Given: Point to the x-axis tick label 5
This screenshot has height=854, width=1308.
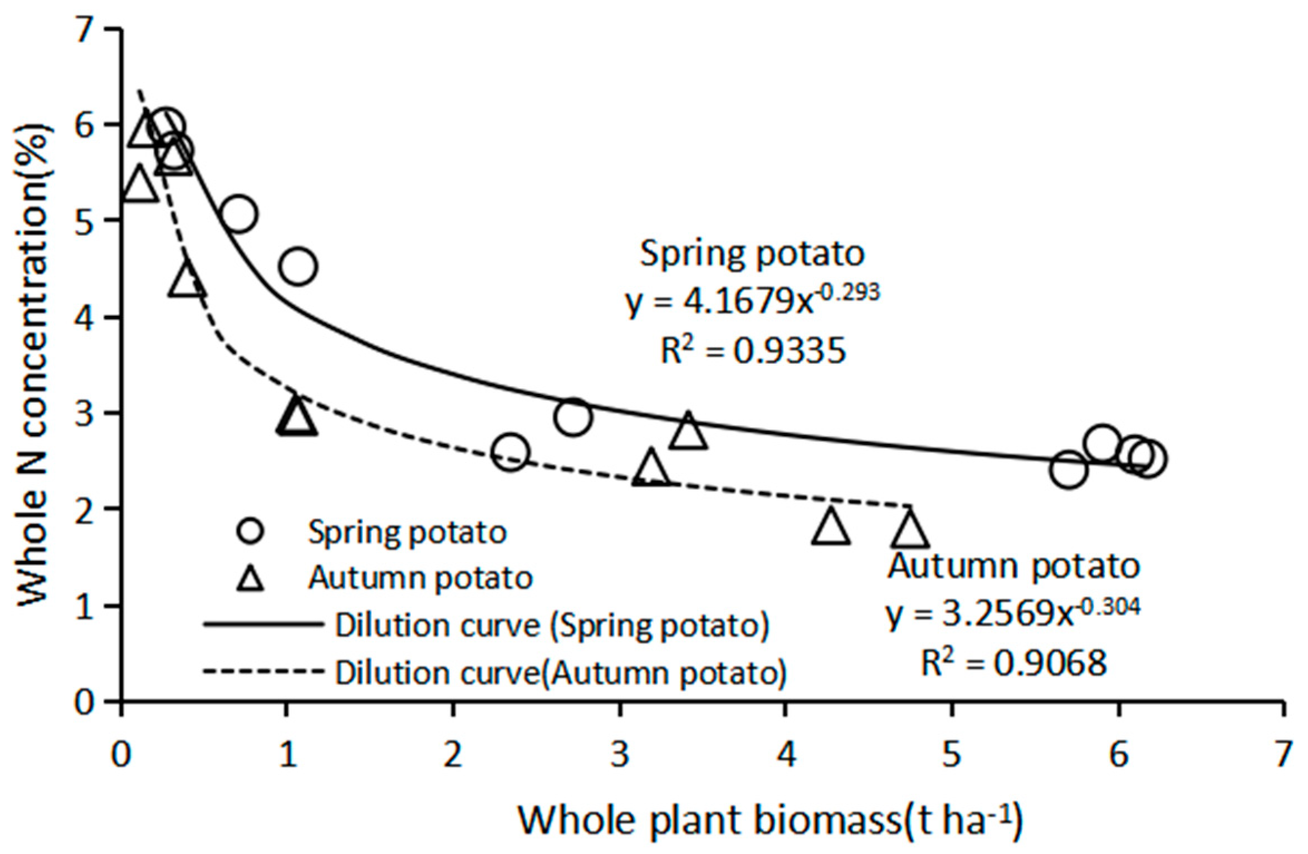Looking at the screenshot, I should click(x=952, y=755).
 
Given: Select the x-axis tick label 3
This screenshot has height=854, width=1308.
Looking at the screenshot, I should click(x=620, y=755).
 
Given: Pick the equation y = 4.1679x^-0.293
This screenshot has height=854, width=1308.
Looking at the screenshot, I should click(x=752, y=301).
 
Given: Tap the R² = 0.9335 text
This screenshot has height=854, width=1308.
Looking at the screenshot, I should click(x=753, y=351).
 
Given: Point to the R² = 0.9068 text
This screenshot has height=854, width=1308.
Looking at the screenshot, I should click(x=1013, y=663).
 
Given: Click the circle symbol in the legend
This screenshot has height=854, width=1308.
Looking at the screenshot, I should click(x=250, y=530).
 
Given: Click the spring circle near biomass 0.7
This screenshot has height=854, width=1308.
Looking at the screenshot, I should click(x=239, y=214).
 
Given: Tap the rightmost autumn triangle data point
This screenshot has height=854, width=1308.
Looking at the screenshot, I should click(x=909, y=529).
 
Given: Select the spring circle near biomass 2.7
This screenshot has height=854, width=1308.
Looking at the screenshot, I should click(x=572, y=417).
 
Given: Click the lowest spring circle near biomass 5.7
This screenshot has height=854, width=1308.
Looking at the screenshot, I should click(x=1069, y=470).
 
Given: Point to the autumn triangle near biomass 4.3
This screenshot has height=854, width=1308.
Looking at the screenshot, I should click(x=831, y=526).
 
